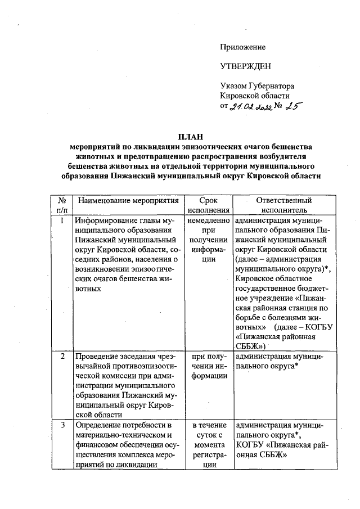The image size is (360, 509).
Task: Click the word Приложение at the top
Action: (242, 47)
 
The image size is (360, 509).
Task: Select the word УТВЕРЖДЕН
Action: (245, 66)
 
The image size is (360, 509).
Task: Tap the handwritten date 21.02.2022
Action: (252, 107)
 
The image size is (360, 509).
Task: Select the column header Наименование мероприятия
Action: (129, 201)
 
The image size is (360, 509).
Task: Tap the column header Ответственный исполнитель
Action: (283, 206)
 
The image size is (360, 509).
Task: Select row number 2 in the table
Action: (62, 357)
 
